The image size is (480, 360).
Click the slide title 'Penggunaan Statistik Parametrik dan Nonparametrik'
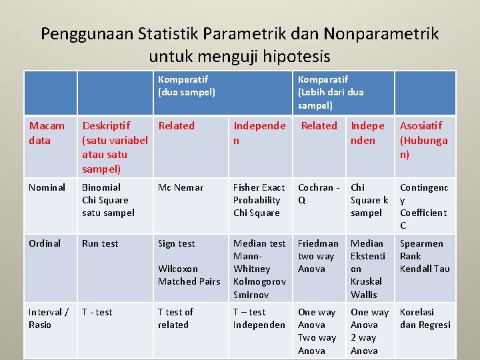pos(240,33)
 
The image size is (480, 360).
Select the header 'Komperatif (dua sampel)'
pos(187,85)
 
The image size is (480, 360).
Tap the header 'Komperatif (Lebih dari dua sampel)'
pos(331,92)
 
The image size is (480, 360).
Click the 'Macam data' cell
pos(47,133)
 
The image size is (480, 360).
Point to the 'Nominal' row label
pos(47,187)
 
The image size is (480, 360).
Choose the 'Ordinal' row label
pos(45,243)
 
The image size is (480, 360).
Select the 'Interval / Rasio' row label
pos(49,318)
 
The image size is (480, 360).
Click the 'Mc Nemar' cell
pos(181,187)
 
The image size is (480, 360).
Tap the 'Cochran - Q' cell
pos(319,193)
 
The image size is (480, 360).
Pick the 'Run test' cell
pos(100,243)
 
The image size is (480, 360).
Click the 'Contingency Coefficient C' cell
pos(423,206)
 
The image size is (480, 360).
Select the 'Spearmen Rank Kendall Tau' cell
pos(425,256)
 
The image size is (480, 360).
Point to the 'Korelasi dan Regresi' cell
pos(425,318)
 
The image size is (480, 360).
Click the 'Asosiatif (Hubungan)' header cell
pos(423,139)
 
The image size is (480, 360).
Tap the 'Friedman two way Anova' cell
pos(318,256)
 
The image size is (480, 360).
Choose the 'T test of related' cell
pos(175,318)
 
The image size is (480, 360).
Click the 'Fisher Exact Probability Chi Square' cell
pos(259,200)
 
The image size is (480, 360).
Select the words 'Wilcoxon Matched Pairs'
pos(189,275)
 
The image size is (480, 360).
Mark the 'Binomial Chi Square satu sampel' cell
pos(108,200)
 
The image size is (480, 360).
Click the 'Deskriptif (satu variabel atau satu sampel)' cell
pos(115,147)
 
